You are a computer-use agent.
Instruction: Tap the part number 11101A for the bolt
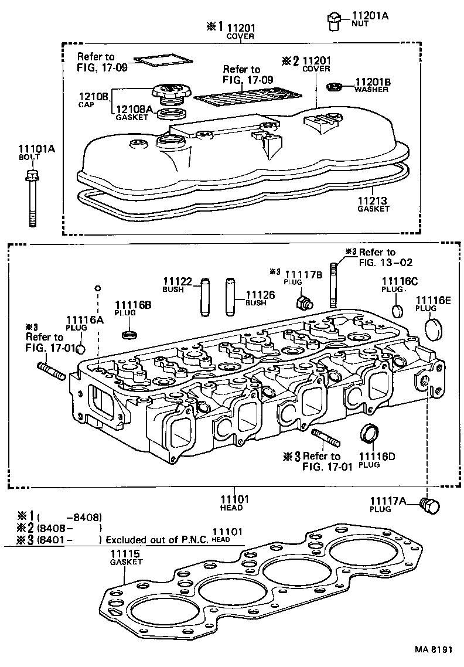[37, 149]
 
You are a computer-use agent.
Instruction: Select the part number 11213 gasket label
[373, 200]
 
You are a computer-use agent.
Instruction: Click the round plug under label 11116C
[397, 309]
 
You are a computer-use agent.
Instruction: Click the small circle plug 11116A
[81, 350]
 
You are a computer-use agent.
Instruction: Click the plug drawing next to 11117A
[430, 506]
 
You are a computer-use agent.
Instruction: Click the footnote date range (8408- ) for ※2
[70, 528]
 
